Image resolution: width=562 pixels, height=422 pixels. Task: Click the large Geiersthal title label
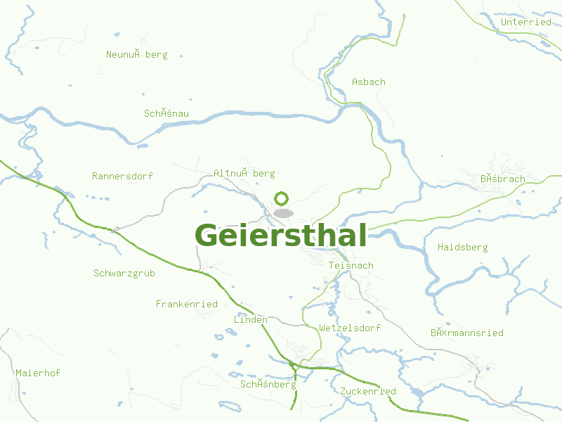tap(280, 236)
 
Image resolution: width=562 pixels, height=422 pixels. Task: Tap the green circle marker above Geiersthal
tap(282, 198)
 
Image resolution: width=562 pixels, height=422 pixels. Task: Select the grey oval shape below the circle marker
tap(283, 212)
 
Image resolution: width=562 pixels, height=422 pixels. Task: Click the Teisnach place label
tap(351, 266)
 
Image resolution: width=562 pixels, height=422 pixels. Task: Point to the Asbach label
tap(369, 82)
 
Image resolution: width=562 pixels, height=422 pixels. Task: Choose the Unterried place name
tap(525, 23)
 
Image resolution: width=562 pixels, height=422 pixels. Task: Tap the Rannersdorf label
tap(122, 176)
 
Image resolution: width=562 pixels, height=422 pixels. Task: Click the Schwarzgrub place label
tap(124, 273)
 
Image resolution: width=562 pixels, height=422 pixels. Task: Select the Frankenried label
tap(186, 305)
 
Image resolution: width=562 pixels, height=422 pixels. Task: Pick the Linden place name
tap(250, 320)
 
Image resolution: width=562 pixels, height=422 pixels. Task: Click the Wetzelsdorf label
tap(350, 328)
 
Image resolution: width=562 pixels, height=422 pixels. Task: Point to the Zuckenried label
tap(367, 392)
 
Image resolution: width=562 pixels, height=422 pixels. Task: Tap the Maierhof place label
tap(38, 373)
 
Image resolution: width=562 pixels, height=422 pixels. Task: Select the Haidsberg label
tap(462, 248)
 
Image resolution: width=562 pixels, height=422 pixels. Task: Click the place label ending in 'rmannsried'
tap(467, 333)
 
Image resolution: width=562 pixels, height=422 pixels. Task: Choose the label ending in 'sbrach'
tap(503, 179)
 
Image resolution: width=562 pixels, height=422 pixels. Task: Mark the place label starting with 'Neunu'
tap(137, 54)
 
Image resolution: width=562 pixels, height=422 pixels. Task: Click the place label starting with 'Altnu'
tap(244, 173)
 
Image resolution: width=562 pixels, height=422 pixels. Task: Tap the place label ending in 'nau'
tap(166, 113)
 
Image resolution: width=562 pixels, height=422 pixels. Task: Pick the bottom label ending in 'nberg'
tap(268, 385)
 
